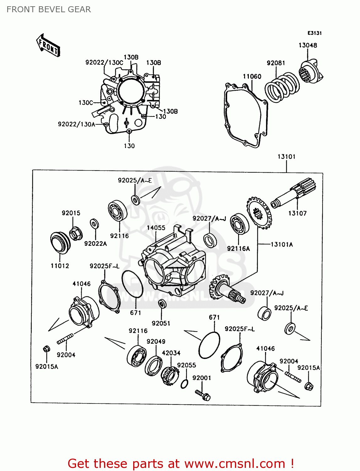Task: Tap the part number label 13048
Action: [x=308, y=45]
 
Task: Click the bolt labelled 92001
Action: [x=203, y=395]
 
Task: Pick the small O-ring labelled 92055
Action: [x=185, y=384]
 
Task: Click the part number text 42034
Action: [x=171, y=353]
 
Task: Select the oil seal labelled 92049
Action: [x=154, y=365]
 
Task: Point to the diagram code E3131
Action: [x=314, y=33]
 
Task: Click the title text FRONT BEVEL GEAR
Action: [x=49, y=9]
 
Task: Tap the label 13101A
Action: [x=281, y=244]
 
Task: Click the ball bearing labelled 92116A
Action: [x=239, y=224]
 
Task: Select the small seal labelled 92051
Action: [x=162, y=304]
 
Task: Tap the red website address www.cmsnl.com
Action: [x=234, y=463]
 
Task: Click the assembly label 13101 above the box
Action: [x=286, y=156]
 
